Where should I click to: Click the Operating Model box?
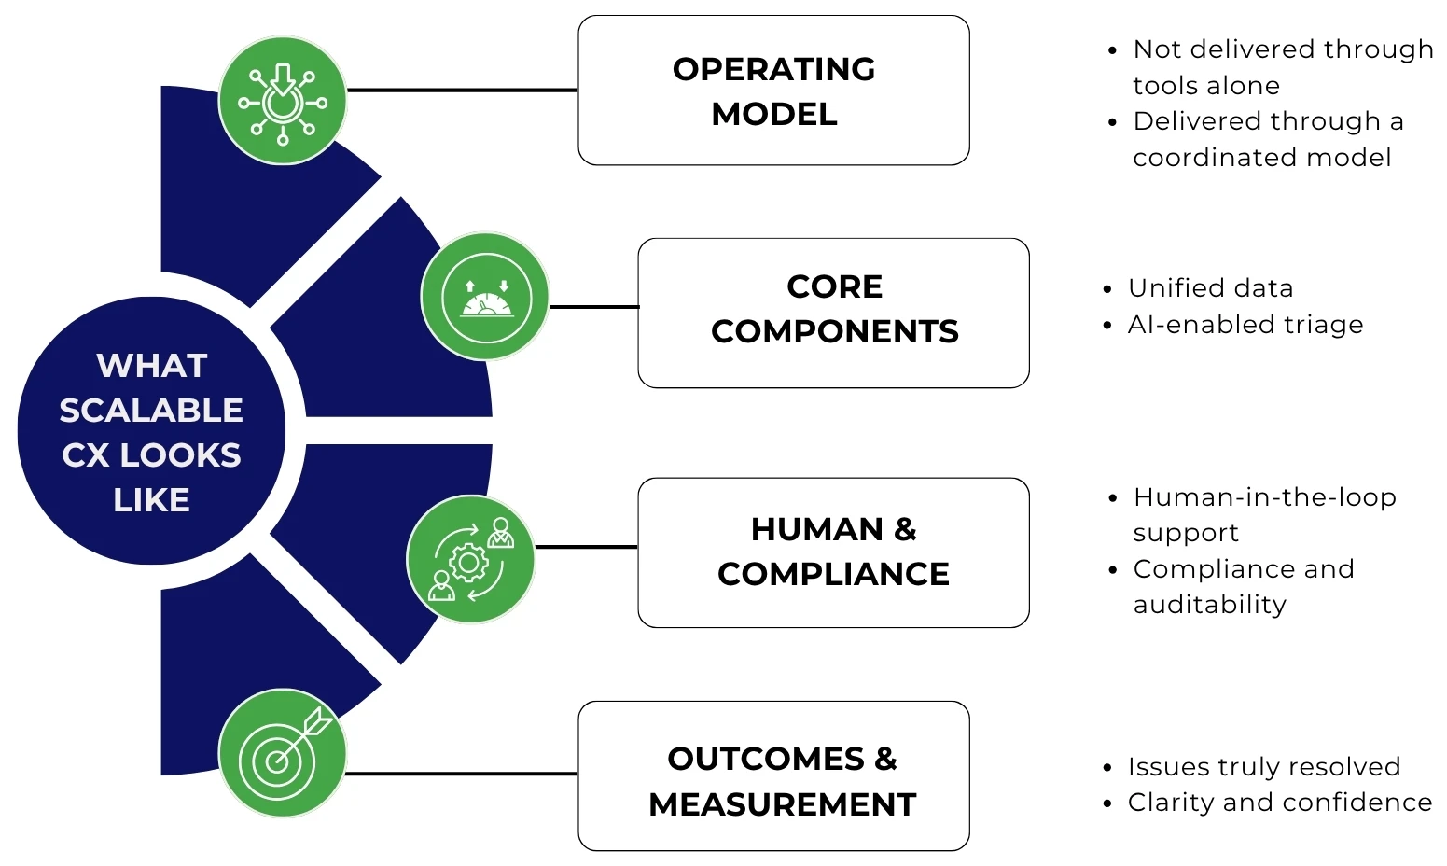pyautogui.click(x=773, y=91)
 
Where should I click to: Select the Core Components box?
pyautogui.click(x=833, y=313)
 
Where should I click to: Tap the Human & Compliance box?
pyautogui.click(x=833, y=552)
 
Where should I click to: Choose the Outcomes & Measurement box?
pyautogui.click(x=773, y=775)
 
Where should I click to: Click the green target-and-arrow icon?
pyautogui.click(x=283, y=753)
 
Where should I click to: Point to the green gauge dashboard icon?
pyautogui.click(x=485, y=297)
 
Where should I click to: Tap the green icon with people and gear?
pyautogui.click(x=471, y=559)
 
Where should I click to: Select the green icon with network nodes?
pyautogui.click(x=283, y=101)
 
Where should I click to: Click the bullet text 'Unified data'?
pyautogui.click(x=1210, y=288)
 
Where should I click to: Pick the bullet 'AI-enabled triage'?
pyautogui.click(x=1245, y=325)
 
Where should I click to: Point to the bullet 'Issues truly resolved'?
pyautogui.click(x=1263, y=767)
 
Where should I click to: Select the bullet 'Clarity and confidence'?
pyautogui.click(x=1279, y=803)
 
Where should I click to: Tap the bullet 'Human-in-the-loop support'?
pyautogui.click(x=1263, y=514)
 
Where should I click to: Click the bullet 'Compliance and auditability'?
pyautogui.click(x=1243, y=586)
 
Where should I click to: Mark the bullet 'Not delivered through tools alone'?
pyautogui.click(x=1282, y=66)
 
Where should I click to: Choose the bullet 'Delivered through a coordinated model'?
pyautogui.click(x=1267, y=139)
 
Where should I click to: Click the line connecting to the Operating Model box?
pyautogui.click(x=462, y=91)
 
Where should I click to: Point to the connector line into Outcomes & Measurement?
pyautogui.click(x=462, y=774)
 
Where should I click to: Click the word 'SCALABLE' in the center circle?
pyautogui.click(x=151, y=411)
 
